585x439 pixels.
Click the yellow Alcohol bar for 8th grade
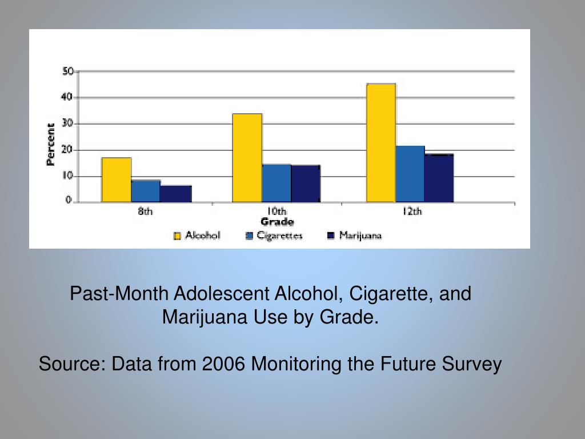tap(117, 179)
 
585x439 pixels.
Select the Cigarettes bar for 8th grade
tap(146, 191)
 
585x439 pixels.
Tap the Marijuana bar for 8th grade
tap(176, 194)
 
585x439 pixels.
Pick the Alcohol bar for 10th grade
tap(247, 158)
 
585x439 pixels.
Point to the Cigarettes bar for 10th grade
tap(277, 183)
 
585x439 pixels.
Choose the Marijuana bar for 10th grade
tap(306, 183)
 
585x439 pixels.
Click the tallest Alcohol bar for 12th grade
tap(381, 143)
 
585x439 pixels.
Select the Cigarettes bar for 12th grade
tap(410, 174)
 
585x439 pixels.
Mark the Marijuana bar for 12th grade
tap(439, 178)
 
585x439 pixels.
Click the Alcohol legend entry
tap(197, 236)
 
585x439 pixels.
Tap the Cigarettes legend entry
tap(274, 236)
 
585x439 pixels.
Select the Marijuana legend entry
tap(354, 236)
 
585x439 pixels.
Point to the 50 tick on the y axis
tap(68, 71)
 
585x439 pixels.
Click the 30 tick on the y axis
tap(68, 123)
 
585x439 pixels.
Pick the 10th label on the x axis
tap(277, 212)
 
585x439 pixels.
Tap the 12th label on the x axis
tap(411, 212)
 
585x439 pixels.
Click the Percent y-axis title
tap(51, 145)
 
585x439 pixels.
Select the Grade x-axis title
tap(277, 222)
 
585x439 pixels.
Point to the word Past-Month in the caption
tap(119, 294)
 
